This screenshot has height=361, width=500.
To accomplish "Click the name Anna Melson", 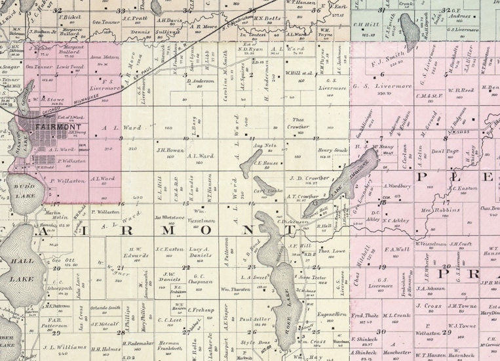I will point(104,57).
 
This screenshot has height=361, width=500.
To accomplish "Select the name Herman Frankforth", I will point(169,346).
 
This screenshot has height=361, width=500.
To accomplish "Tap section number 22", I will point(185,268).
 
